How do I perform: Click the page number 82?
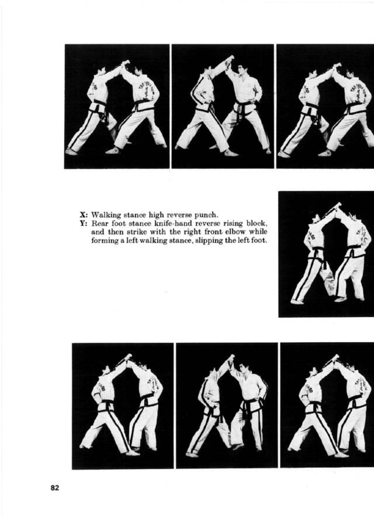point(55,488)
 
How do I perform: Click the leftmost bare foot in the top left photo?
point(71,152)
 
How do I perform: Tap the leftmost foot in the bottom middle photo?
point(191,454)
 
